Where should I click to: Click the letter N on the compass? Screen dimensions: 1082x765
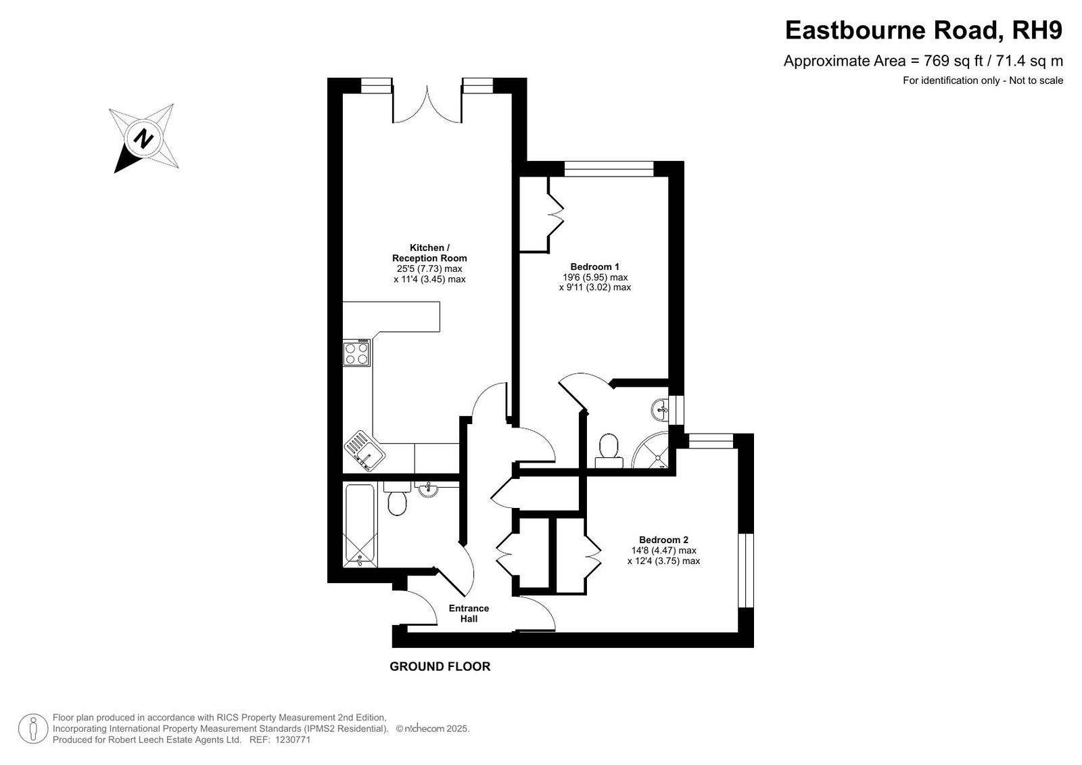(143, 139)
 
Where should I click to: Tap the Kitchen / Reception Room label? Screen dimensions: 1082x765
(429, 253)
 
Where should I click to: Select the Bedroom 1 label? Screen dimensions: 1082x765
(594, 266)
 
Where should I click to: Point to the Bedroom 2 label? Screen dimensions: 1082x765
(663, 540)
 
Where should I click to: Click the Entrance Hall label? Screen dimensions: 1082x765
(469, 613)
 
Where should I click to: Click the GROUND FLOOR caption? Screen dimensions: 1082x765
(440, 666)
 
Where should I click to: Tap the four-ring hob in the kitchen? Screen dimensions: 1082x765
(357, 353)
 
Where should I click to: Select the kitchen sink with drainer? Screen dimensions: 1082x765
(364, 450)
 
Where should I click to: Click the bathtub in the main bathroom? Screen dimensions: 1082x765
(360, 526)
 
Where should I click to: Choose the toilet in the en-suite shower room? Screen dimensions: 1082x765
(609, 451)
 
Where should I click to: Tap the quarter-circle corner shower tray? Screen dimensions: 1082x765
(653, 450)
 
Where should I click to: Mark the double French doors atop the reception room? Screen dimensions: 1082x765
(427, 104)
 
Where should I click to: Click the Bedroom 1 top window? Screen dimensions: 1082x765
(609, 168)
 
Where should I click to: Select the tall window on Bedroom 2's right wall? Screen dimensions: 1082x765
(746, 570)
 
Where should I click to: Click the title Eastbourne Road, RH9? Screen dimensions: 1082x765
(924, 30)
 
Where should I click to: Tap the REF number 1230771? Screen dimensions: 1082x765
(293, 740)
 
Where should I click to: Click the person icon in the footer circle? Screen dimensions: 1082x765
(33, 728)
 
